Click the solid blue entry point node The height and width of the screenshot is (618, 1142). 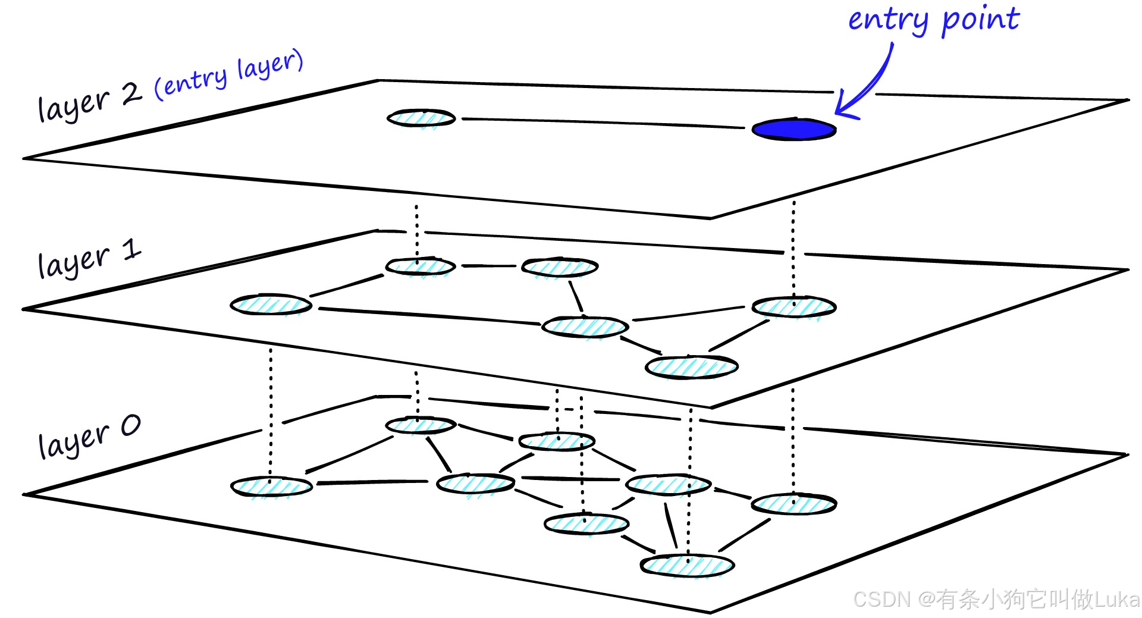click(x=793, y=130)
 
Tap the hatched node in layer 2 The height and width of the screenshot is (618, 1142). click(x=421, y=118)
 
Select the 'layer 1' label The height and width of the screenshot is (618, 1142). click(x=89, y=259)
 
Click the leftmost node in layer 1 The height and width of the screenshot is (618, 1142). click(x=271, y=305)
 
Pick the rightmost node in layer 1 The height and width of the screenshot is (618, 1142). click(x=793, y=307)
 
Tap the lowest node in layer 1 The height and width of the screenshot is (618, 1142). click(x=691, y=366)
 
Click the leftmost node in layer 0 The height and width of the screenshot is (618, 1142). click(x=271, y=487)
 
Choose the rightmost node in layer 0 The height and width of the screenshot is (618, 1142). click(x=793, y=504)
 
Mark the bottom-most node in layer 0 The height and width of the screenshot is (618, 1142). click(x=687, y=565)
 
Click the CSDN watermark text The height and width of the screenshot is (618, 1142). click(x=996, y=599)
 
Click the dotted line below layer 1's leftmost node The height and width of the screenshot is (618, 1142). click(x=271, y=410)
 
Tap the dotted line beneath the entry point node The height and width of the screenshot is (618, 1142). click(x=793, y=250)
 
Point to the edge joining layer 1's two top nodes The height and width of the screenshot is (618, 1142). click(x=488, y=266)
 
